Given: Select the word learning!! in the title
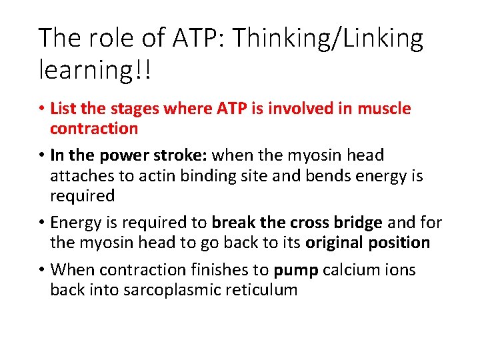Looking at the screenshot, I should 95,70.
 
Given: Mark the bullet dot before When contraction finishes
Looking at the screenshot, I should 41,269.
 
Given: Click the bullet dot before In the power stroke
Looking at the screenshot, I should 41,155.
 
